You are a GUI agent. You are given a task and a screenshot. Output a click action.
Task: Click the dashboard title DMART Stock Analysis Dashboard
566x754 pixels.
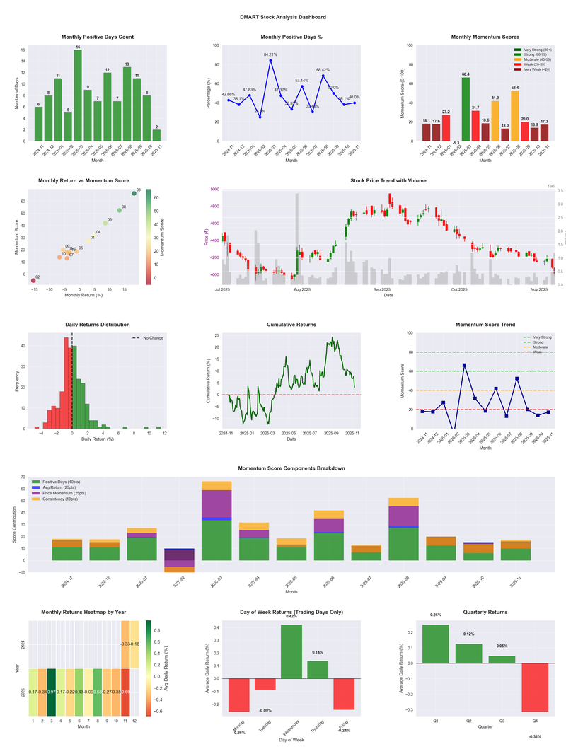click(283, 17)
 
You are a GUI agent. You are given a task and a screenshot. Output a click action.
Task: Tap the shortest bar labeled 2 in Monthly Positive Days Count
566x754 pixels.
click(156, 135)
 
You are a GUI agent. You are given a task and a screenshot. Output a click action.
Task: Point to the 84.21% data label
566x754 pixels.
click(270, 54)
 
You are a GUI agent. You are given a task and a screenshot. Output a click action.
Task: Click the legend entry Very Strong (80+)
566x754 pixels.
click(534, 50)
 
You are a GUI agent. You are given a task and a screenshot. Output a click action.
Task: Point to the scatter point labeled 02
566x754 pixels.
click(33, 281)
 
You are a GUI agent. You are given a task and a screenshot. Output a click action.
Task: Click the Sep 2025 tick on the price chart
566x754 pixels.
click(382, 289)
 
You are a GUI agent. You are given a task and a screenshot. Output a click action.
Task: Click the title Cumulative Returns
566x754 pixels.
click(291, 325)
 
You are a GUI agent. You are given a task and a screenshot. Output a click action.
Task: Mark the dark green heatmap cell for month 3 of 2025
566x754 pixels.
click(52, 691)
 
